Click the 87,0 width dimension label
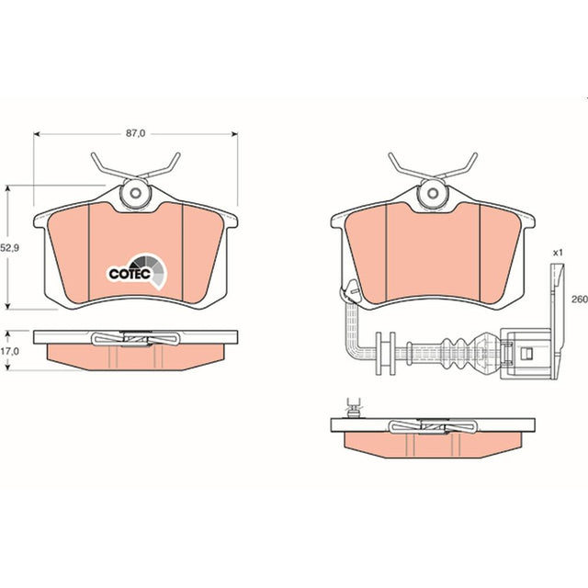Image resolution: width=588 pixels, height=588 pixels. tap(135, 133)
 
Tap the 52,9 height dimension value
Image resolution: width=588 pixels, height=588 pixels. tap(9, 247)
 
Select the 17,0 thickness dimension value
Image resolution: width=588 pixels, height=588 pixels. tap(9, 351)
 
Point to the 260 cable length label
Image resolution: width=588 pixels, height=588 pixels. tap(580, 300)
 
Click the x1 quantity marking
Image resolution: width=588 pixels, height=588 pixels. tap(558, 253)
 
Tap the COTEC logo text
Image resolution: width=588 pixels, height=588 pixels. tap(130, 274)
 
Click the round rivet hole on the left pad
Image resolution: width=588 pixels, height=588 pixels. tap(135, 194)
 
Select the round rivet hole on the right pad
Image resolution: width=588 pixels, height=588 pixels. tap(433, 194)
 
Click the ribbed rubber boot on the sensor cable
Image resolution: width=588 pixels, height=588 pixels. tap(453, 353)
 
